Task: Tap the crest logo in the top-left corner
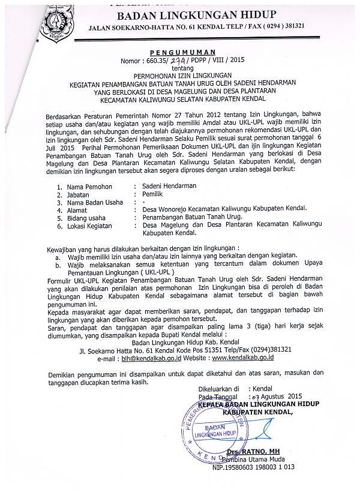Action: [57, 24]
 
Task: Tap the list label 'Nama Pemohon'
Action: [89, 187]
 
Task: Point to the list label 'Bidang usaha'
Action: [86, 218]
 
